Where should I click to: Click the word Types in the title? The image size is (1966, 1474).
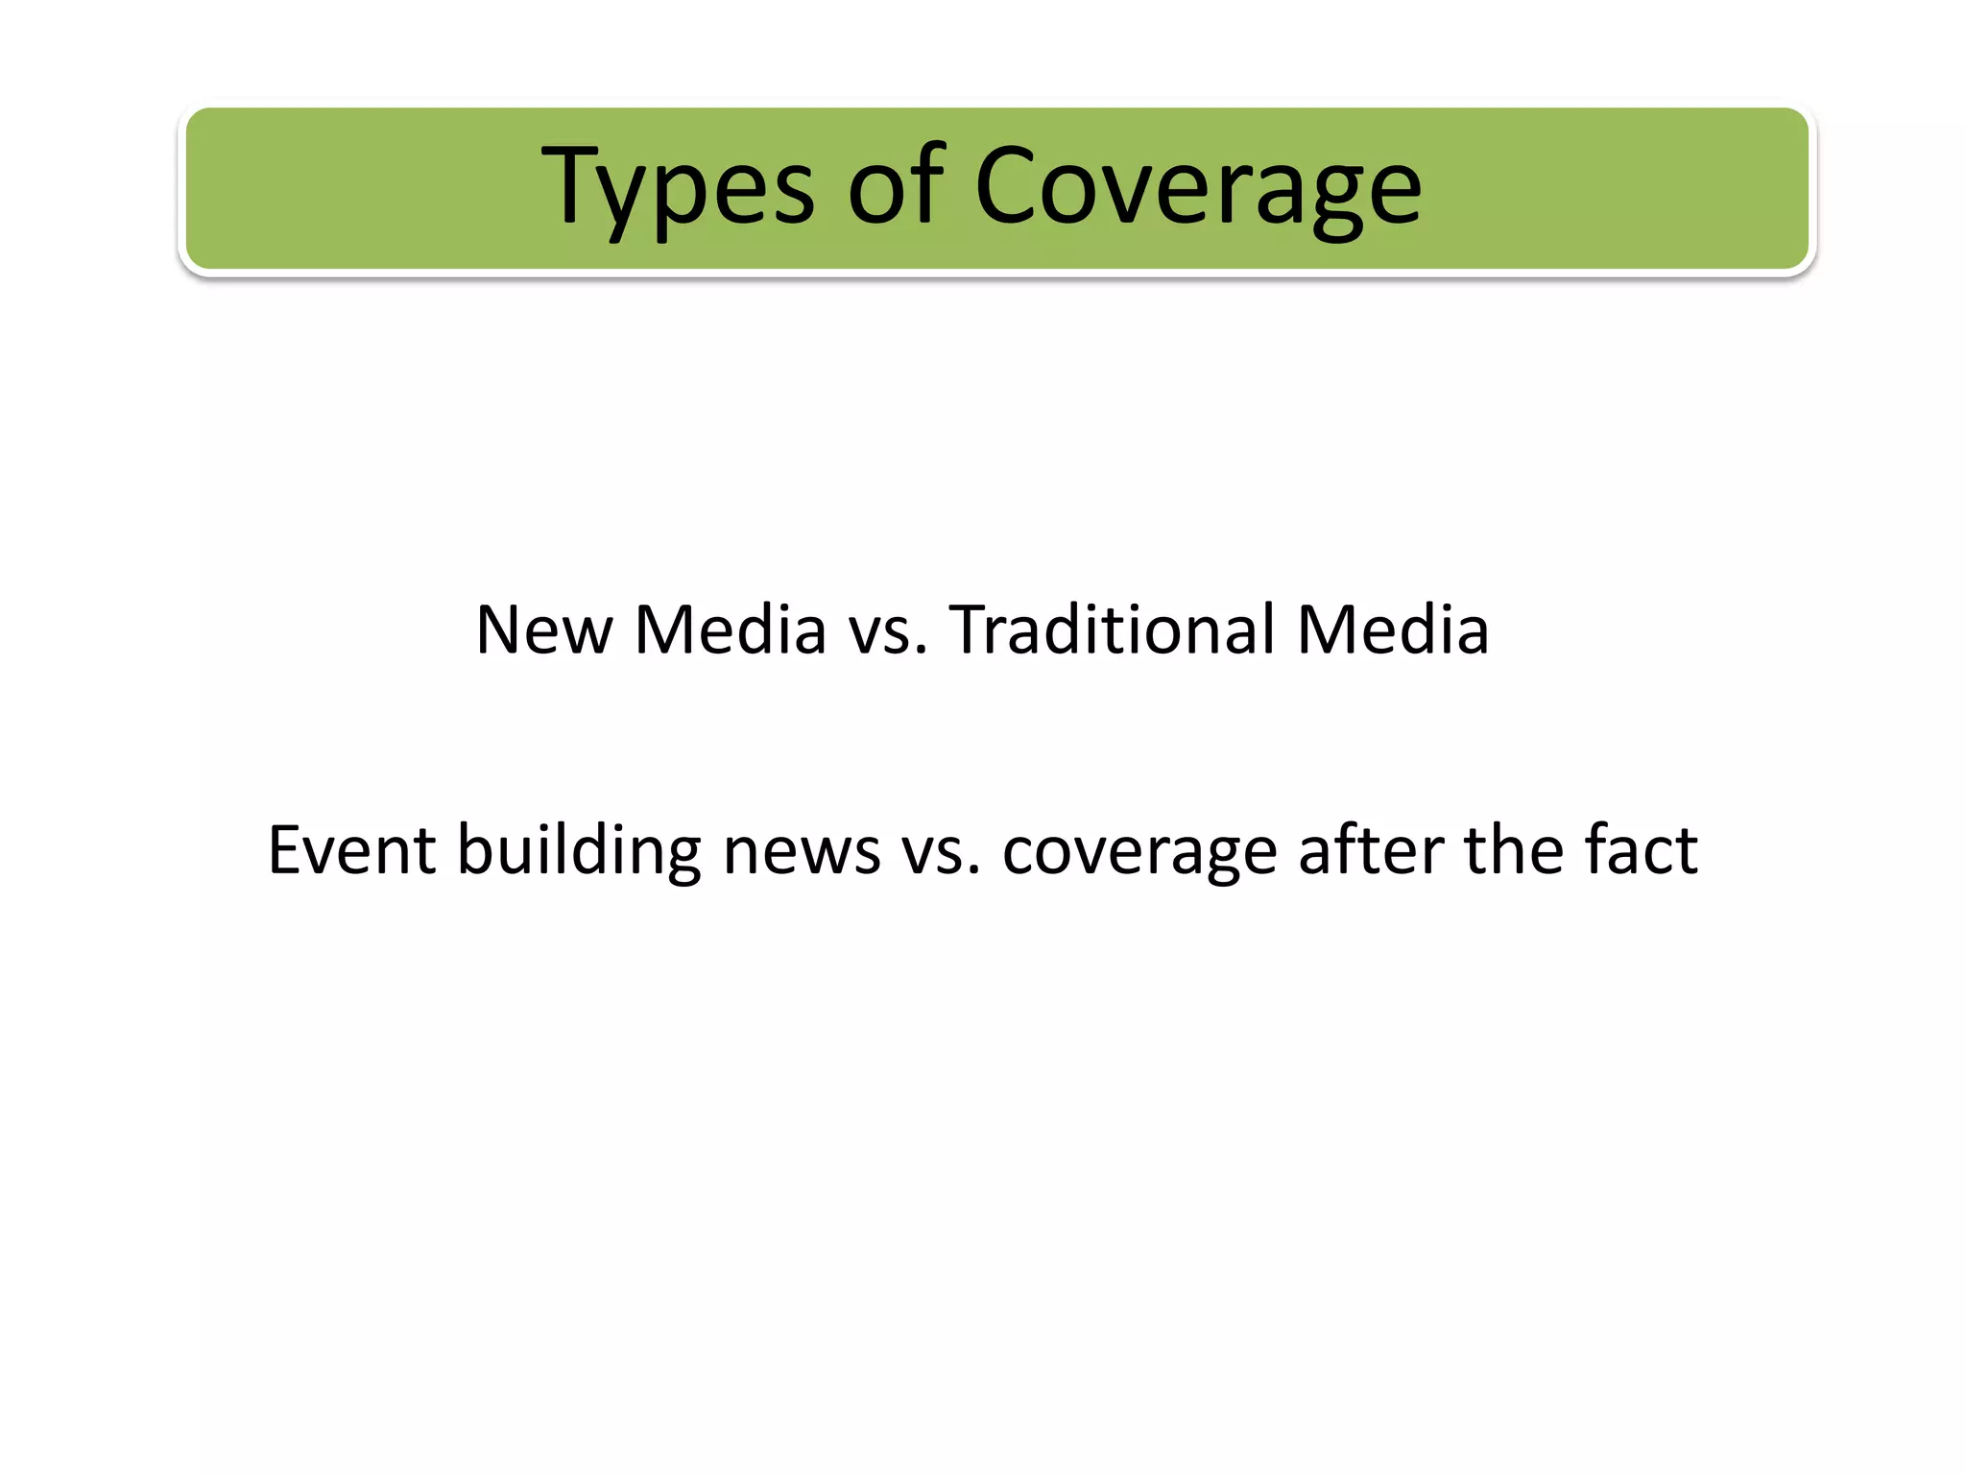[x=678, y=187]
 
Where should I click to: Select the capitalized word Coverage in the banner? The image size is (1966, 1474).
[x=1197, y=187]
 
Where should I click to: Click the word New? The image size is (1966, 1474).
[x=543, y=630]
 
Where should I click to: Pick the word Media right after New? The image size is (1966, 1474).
[x=731, y=630]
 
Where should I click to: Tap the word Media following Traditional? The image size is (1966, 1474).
[x=1393, y=630]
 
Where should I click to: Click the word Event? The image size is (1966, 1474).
[x=351, y=850]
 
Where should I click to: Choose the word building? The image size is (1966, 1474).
[x=579, y=852]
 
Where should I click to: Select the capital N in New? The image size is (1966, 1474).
[x=501, y=630]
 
